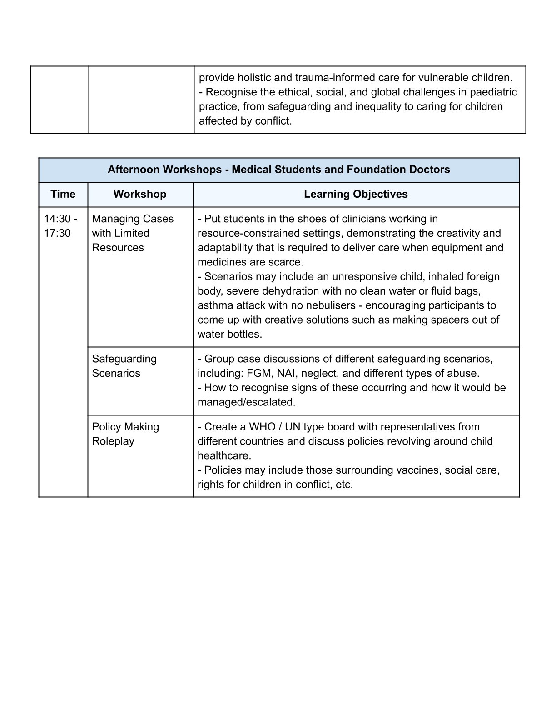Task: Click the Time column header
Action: (x=63, y=194)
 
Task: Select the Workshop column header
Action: (x=140, y=194)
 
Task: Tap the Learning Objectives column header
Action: (x=356, y=194)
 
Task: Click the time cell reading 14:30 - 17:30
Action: (x=60, y=226)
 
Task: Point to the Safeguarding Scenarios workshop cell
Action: (x=124, y=366)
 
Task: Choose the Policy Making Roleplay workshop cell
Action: (x=125, y=434)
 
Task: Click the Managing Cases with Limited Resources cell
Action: (x=132, y=233)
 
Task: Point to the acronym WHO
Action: (x=263, y=427)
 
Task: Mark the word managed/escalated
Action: (x=246, y=402)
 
